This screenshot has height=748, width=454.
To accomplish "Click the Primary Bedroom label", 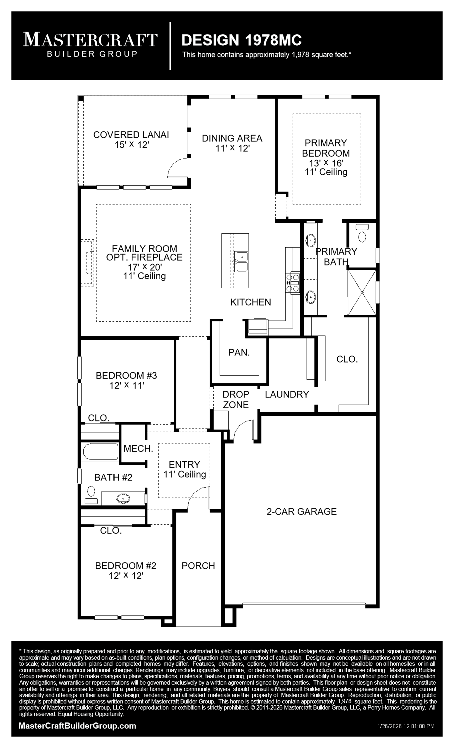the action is click(x=326, y=157).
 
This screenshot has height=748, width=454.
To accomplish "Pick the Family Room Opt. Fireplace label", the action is click(x=144, y=262).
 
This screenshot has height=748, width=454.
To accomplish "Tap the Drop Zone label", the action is click(x=236, y=399).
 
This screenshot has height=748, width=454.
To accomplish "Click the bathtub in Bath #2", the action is click(x=100, y=452).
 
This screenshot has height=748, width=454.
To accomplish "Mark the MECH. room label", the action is click(x=138, y=448).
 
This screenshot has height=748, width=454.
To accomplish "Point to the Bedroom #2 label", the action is click(x=126, y=570).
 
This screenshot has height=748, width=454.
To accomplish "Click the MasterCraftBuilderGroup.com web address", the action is click(x=77, y=726).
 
